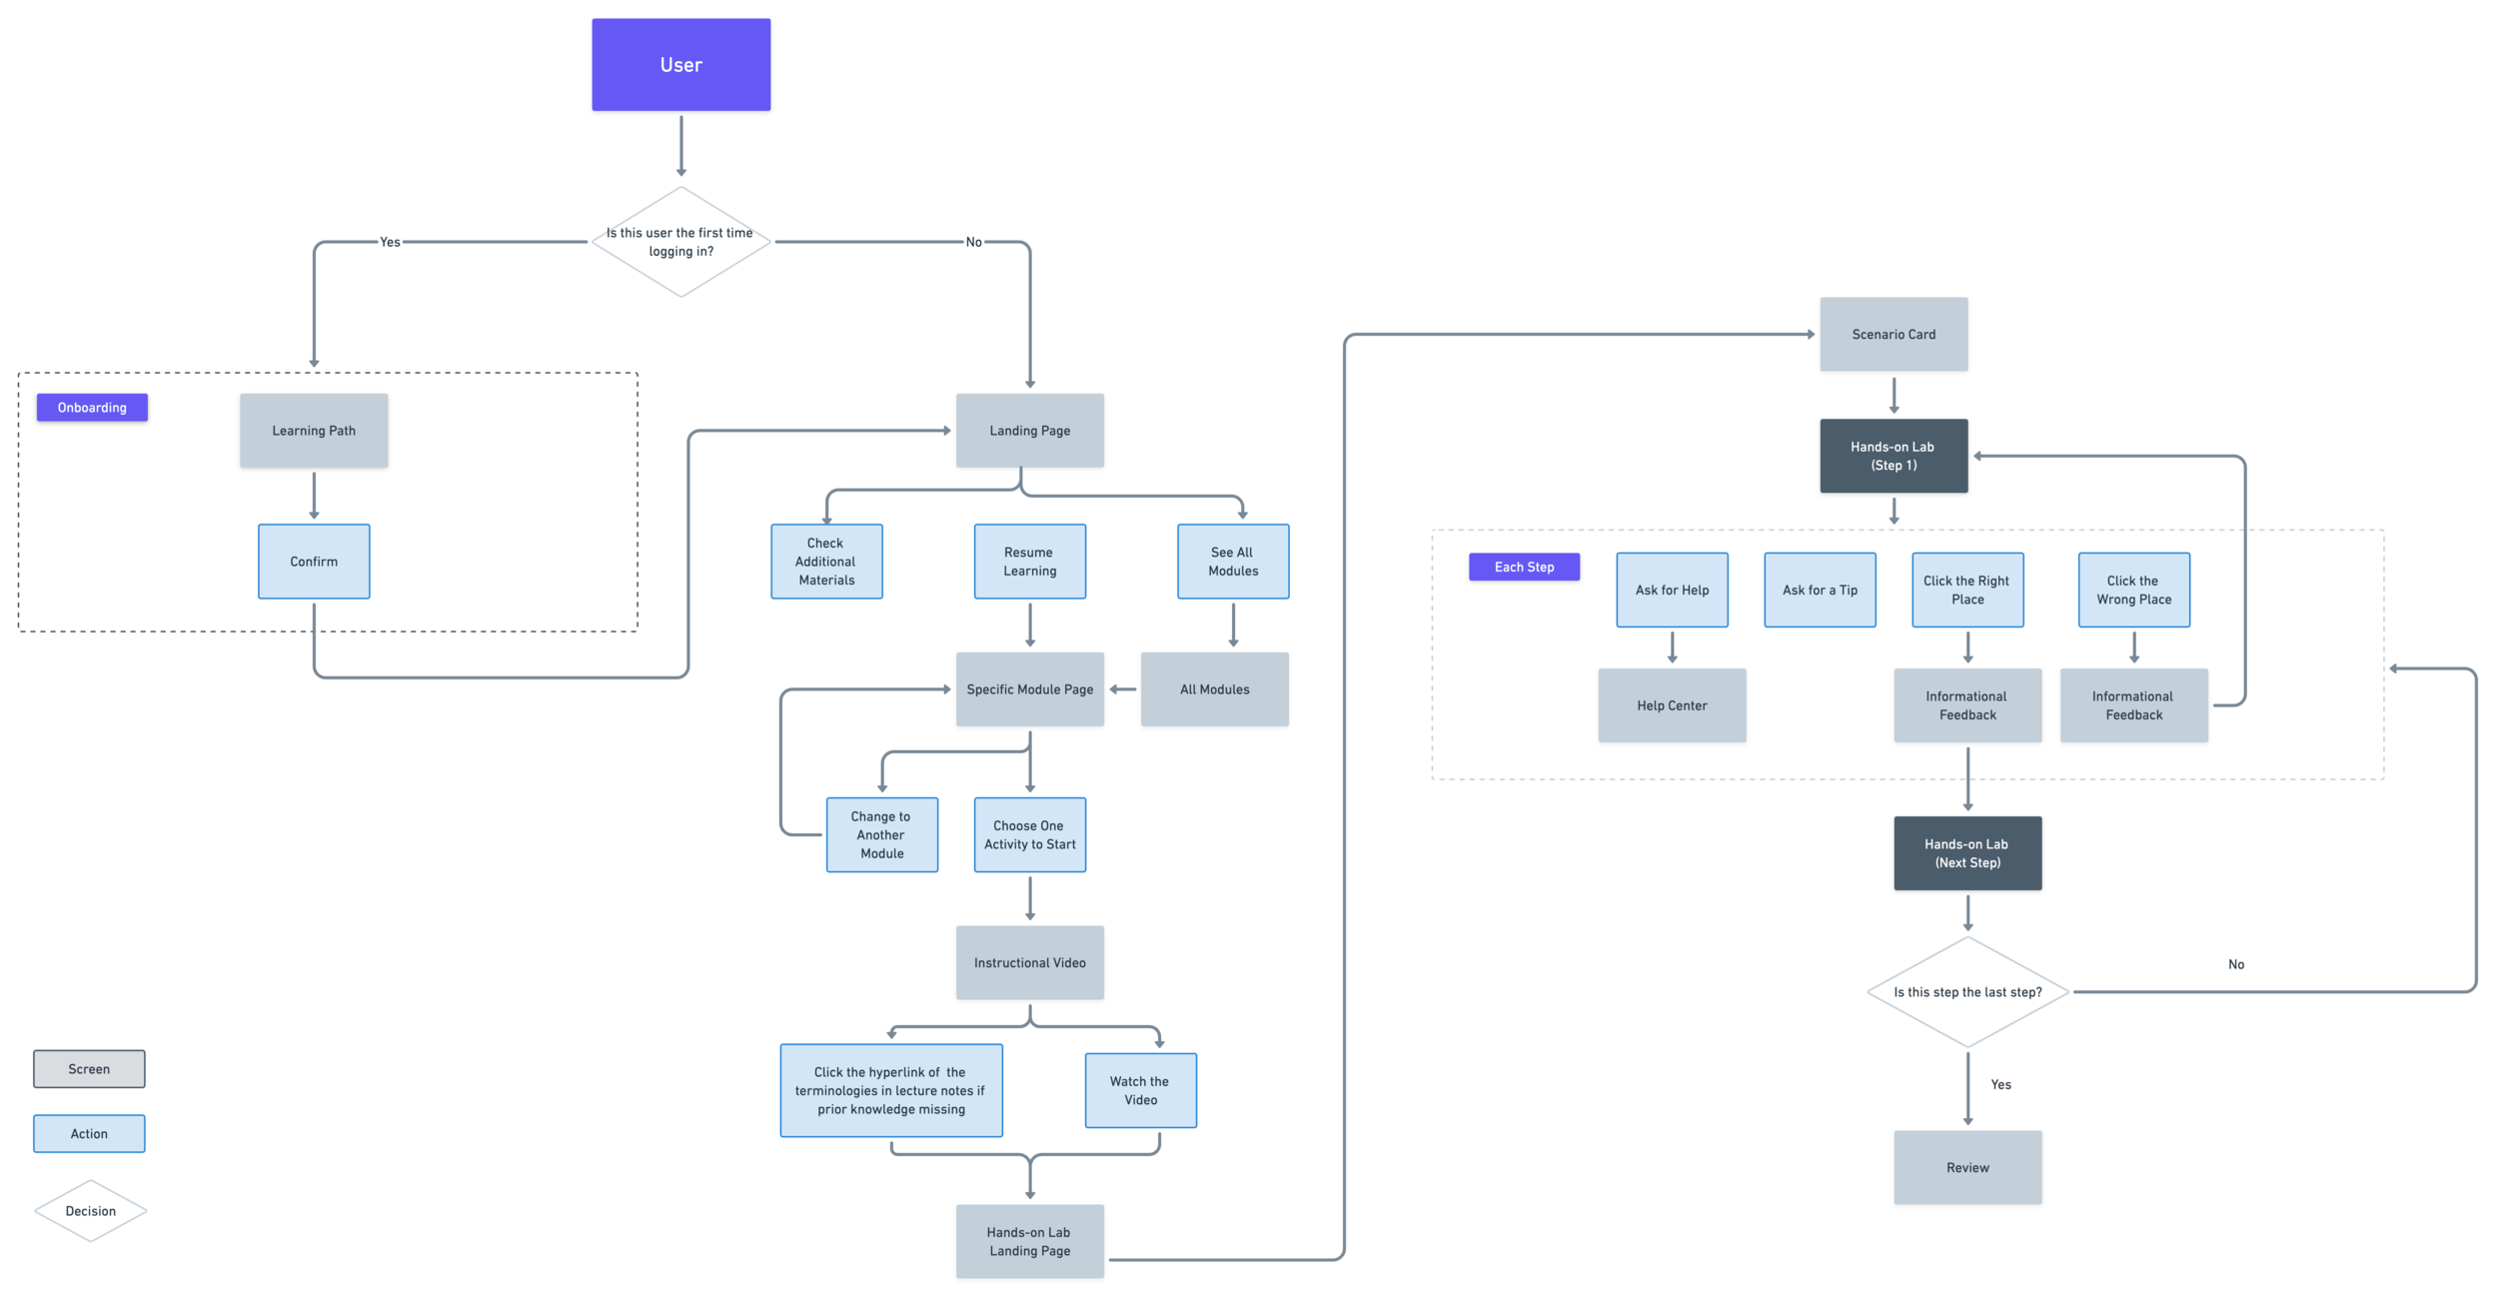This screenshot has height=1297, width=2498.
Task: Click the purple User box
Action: pos(680,65)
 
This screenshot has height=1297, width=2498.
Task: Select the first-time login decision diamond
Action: pos(680,242)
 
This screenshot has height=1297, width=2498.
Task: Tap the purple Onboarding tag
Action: pos(92,408)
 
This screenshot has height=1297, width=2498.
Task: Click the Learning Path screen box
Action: pos(314,431)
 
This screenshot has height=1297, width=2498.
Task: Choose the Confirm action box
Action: pos(314,562)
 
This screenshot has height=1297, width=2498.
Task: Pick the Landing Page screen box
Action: pos(1029,431)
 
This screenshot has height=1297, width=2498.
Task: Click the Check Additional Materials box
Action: pos(825,562)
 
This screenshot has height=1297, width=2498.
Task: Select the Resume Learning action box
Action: pos(1029,562)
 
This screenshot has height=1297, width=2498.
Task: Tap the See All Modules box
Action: pos(1232,562)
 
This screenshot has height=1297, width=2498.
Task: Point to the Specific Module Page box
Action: pos(1029,689)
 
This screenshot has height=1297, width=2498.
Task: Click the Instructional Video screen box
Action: pos(1029,963)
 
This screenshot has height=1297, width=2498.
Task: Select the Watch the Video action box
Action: pos(1140,1091)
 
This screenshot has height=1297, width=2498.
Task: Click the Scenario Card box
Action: pos(1893,335)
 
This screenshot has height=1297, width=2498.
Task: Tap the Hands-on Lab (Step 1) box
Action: pos(1893,457)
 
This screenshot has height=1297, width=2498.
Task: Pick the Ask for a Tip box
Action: pos(1820,591)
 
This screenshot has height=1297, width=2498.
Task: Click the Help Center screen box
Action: pos(1672,705)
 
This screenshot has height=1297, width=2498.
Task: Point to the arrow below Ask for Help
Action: pos(1672,648)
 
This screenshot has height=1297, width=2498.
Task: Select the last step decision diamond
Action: pos(1967,992)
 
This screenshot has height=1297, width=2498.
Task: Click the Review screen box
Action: pos(1967,1168)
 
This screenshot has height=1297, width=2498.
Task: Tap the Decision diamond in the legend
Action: pos(90,1211)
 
